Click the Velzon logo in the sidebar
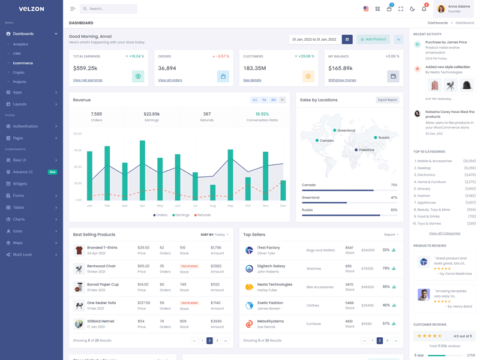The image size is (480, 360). [x=31, y=9]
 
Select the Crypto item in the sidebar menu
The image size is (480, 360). [x=19, y=72]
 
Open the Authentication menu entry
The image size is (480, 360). [x=25, y=127]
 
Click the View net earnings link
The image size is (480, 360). [x=88, y=80]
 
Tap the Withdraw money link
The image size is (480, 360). [x=342, y=80]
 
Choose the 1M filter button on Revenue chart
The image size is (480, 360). [x=264, y=100]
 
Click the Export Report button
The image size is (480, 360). [x=387, y=100]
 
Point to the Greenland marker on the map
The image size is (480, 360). [x=335, y=130]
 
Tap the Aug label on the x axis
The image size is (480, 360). [x=212, y=206]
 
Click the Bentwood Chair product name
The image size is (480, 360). [x=101, y=266]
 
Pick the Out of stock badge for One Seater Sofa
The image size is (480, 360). [x=189, y=303]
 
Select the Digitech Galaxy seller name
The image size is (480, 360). [x=271, y=266]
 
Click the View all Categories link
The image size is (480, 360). [x=445, y=233]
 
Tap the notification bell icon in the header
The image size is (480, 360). [x=424, y=9]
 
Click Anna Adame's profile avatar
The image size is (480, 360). [x=441, y=9]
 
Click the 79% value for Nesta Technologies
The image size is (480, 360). [x=386, y=287]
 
